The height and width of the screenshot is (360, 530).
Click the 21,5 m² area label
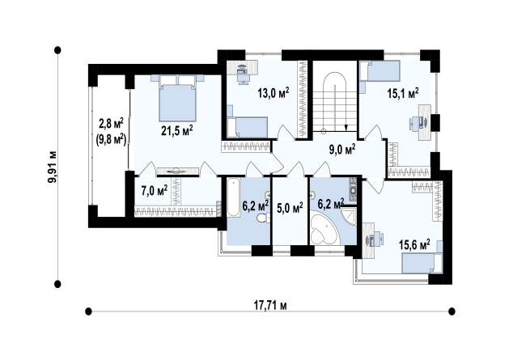pyautogui.click(x=176, y=130)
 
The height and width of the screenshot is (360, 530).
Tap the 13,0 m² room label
pyautogui.click(x=273, y=92)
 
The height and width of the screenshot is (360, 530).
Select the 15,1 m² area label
pyautogui.click(x=403, y=93)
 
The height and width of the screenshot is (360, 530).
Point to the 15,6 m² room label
pyautogui.click(x=414, y=244)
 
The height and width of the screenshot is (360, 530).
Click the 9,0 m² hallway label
pyautogui.click(x=342, y=149)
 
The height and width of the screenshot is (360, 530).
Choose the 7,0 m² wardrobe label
pyautogui.click(x=155, y=191)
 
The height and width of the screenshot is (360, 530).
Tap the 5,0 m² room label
pyautogui.click(x=290, y=208)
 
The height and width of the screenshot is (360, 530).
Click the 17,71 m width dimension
pyautogui.click(x=270, y=306)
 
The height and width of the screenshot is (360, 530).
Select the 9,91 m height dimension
pyautogui.click(x=53, y=167)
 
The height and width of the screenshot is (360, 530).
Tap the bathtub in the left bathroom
pyautogui.click(x=233, y=197)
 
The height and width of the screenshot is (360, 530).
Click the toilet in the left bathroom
pyautogui.click(x=263, y=218)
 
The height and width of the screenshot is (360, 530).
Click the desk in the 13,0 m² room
pyautogui.click(x=242, y=68)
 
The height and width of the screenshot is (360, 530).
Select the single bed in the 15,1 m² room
pyautogui.click(x=379, y=70)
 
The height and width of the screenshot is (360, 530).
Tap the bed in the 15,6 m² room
pyautogui.click(x=422, y=264)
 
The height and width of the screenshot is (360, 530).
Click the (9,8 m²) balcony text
pyautogui.click(x=111, y=139)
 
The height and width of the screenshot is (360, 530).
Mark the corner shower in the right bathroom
pyautogui.click(x=348, y=216)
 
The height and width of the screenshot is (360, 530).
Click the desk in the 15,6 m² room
pyautogui.click(x=369, y=240)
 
